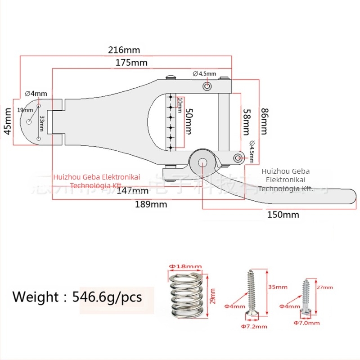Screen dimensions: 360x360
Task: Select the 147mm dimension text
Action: (127, 190)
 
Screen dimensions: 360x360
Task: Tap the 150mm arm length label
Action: (283, 214)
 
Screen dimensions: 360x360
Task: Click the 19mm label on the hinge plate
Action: (22, 110)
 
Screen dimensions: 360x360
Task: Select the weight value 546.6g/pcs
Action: (110, 297)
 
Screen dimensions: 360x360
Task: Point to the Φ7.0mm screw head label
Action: (306, 323)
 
